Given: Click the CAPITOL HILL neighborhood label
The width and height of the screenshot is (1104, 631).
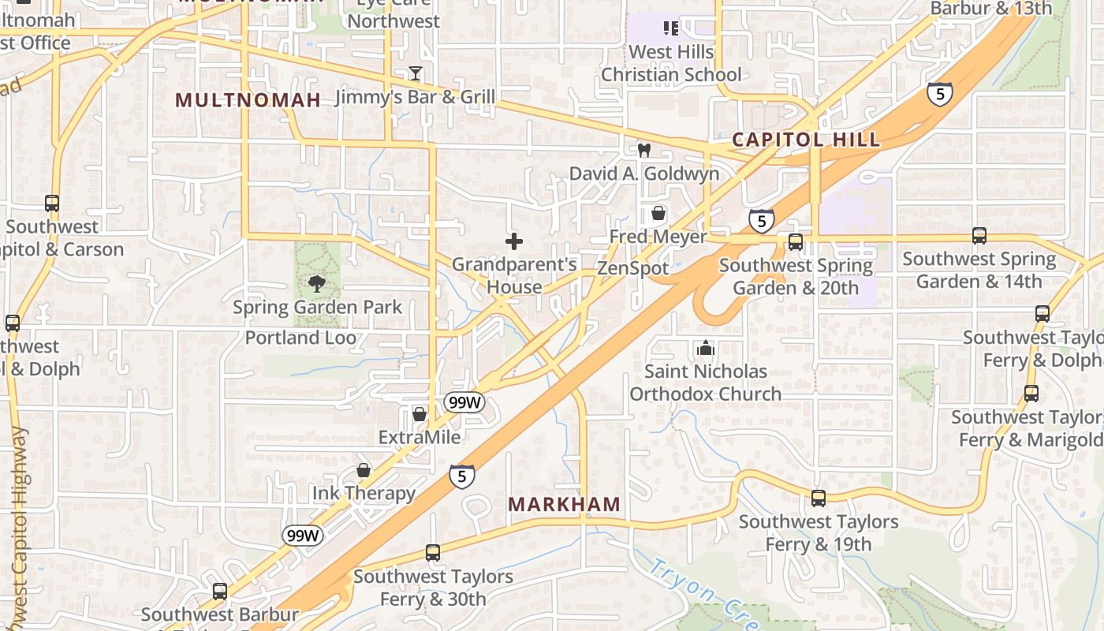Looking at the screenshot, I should click(805, 140).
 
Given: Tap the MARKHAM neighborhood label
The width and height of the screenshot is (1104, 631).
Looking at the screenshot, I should click(564, 504).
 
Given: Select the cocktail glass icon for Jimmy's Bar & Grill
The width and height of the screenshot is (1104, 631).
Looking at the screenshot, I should click(416, 73).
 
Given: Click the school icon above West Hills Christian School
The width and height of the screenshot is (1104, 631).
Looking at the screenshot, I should click(671, 29).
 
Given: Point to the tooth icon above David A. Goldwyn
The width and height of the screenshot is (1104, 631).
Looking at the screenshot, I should click(643, 150).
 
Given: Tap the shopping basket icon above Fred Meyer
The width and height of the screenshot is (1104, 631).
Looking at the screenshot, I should click(658, 213).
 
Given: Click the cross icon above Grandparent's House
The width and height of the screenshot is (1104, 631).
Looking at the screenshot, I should click(514, 241).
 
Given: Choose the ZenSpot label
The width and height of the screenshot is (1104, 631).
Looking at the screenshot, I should click(632, 268).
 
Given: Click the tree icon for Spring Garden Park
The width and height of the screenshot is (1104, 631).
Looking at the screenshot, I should click(317, 283).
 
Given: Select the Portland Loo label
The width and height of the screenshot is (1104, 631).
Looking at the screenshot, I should click(300, 338).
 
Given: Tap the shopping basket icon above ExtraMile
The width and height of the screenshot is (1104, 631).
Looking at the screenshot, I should click(420, 414).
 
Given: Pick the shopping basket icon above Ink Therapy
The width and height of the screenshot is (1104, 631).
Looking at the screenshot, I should click(364, 470).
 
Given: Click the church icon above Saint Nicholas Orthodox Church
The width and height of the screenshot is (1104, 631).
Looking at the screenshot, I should click(705, 347).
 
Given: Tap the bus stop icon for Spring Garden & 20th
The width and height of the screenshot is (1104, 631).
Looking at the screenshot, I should click(796, 242).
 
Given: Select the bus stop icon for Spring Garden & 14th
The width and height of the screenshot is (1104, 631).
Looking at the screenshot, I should click(979, 235).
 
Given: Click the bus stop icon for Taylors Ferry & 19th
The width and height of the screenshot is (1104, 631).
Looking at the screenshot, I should click(819, 498).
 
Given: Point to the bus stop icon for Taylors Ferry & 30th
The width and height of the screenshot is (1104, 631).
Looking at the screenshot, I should click(433, 553).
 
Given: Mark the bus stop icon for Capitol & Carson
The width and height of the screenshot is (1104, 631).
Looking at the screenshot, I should click(52, 203).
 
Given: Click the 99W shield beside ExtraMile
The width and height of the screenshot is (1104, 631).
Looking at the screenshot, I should click(463, 402).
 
